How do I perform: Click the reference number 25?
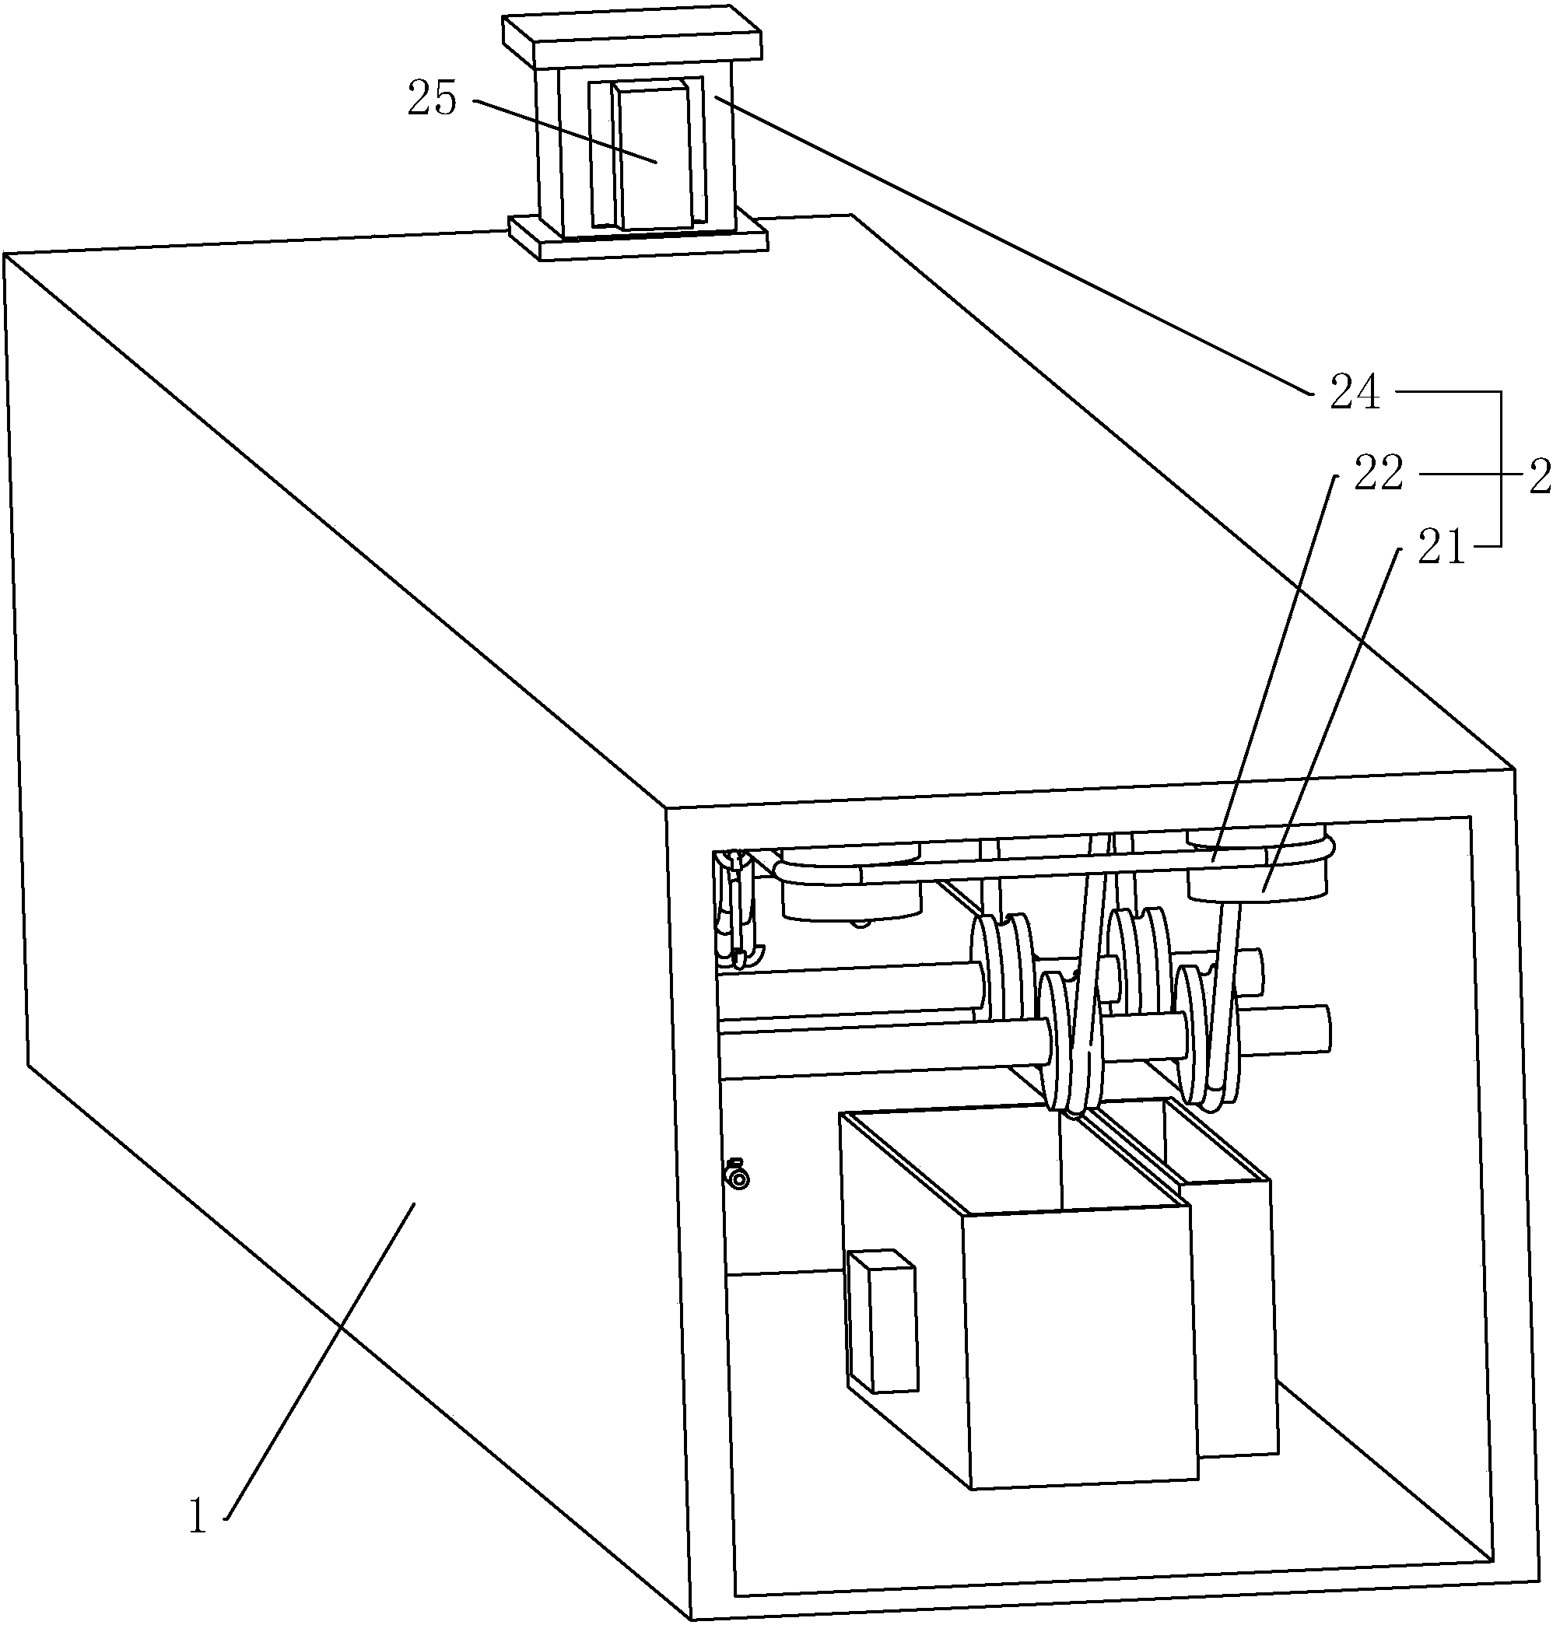coord(432,100)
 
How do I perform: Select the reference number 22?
coord(1379,475)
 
